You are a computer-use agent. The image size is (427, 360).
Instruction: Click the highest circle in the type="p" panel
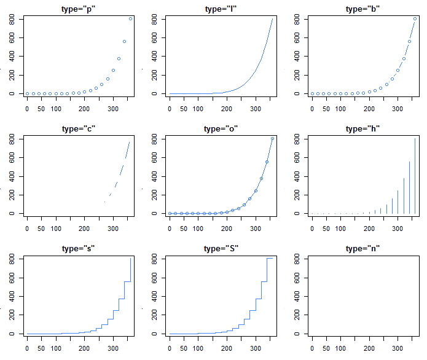click(x=130, y=19)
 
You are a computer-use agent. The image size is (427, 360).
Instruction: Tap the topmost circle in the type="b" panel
click(x=415, y=19)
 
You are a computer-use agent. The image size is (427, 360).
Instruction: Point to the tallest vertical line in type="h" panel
click(x=415, y=176)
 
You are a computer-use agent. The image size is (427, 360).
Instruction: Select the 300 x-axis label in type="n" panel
click(x=398, y=348)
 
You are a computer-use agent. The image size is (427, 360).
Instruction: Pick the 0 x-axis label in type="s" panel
click(x=27, y=348)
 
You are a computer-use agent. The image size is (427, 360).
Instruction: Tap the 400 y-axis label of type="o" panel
click(x=154, y=176)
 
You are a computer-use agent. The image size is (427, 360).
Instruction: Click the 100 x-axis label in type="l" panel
click(x=198, y=109)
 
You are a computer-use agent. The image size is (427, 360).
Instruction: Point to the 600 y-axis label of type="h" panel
click(x=297, y=158)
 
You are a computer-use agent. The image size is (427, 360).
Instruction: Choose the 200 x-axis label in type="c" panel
click(x=84, y=229)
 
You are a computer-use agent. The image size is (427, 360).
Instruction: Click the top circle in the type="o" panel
click(x=273, y=139)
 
